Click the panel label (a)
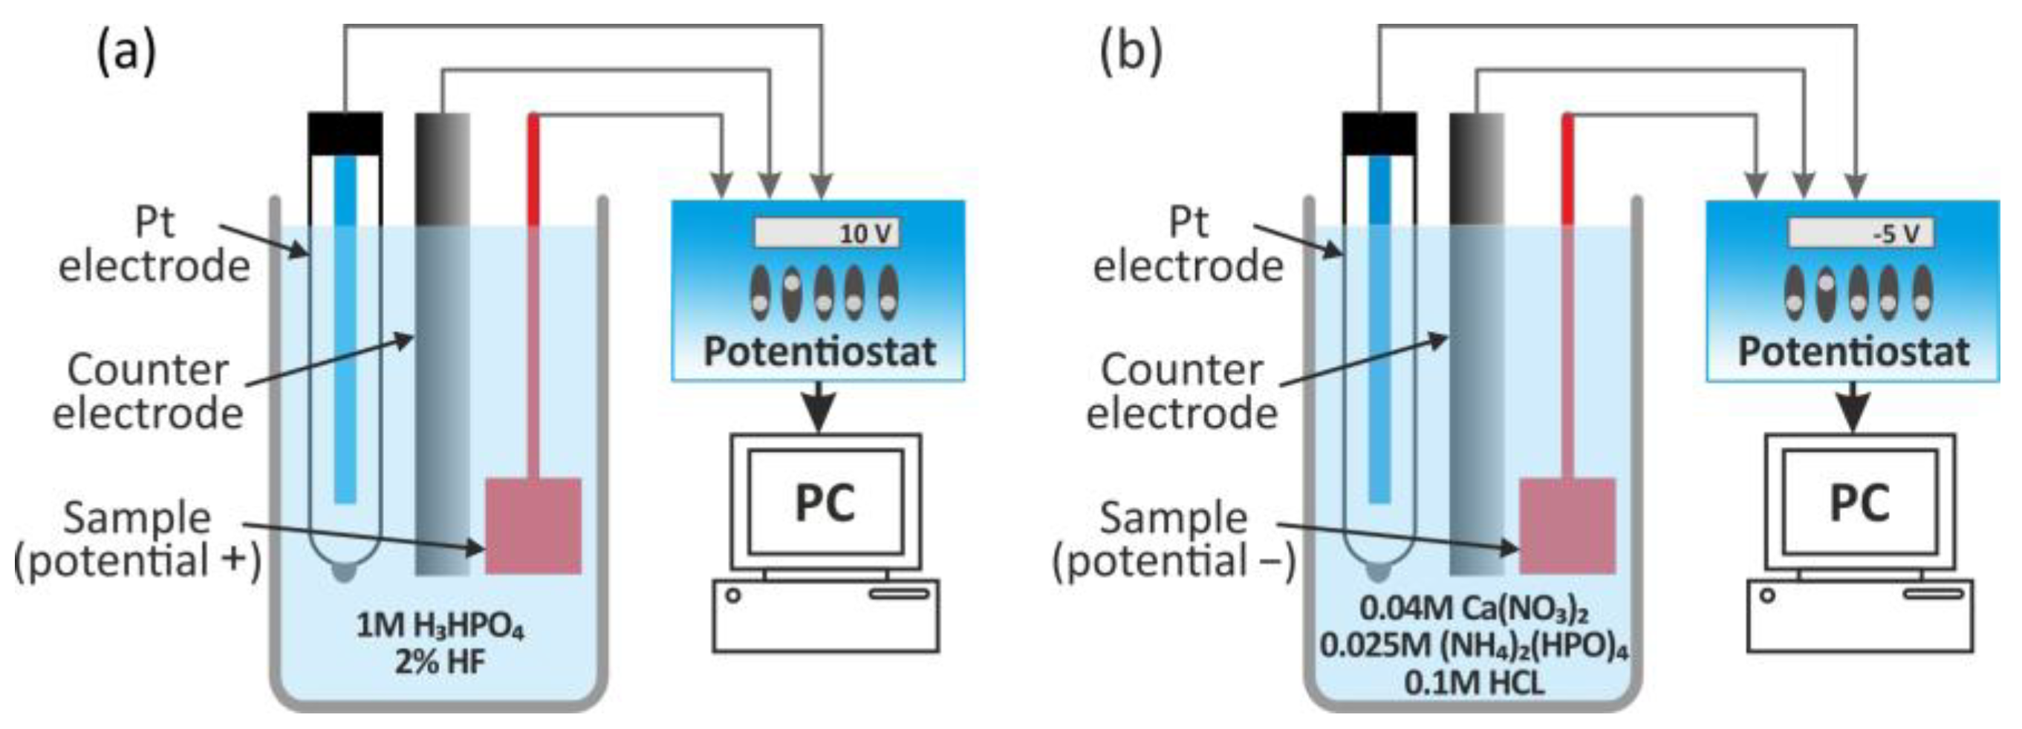pos(126,53)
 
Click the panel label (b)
pos(1131,53)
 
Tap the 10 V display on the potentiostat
pos(827,233)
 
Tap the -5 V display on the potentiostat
pos(1860,233)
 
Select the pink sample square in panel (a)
pos(533,526)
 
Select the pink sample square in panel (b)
pos(1567,526)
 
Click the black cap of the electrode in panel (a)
pos(345,134)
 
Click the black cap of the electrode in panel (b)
pos(1379,134)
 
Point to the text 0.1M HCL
pos(1474,683)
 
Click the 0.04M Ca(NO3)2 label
pos(1474,609)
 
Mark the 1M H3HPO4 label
pos(440,627)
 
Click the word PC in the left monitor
pos(825,503)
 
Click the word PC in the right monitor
pos(1859,503)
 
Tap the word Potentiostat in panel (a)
pos(819,352)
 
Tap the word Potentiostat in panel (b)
pos(1853,352)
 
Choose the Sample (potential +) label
pos(137,540)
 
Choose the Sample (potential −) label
pos(1174,540)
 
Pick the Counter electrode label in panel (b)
pos(1181,390)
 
